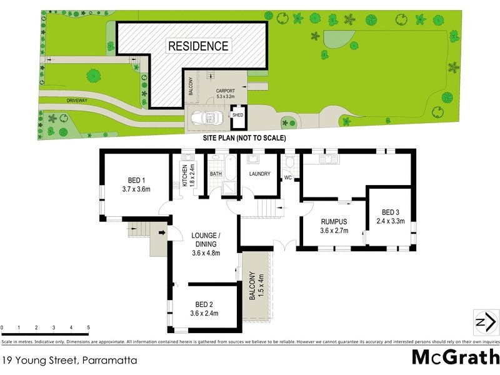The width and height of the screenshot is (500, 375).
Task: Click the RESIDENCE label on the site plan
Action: coord(197,46)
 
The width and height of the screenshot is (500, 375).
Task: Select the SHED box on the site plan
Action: coord(237,116)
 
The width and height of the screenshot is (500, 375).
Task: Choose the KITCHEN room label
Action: coord(186,176)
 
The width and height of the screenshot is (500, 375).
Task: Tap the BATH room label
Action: coord(216,174)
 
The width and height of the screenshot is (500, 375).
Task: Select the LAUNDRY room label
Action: coord(258,174)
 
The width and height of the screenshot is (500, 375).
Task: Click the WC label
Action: coord(288,178)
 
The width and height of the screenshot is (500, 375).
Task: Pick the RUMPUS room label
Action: coord(334,222)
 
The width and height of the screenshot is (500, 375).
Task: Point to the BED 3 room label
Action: coord(391,212)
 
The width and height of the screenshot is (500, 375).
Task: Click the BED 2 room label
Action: coord(204,305)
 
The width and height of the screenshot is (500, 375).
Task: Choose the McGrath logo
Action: coord(455,357)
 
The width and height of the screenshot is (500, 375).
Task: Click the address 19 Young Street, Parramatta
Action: coord(69,360)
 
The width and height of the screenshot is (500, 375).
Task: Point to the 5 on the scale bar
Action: coord(88,327)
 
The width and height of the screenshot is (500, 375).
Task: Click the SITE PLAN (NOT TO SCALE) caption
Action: coord(244,138)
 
